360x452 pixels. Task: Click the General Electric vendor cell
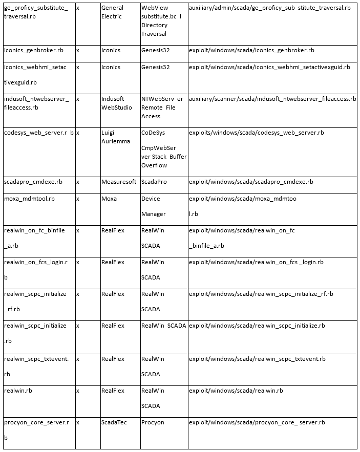(112, 12)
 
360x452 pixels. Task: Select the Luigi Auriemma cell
(113, 137)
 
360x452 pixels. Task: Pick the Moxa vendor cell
(109, 199)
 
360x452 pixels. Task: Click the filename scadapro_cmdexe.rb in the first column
(33, 182)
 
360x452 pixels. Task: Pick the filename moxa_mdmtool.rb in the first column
(29, 199)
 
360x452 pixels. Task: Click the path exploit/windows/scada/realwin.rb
(236, 391)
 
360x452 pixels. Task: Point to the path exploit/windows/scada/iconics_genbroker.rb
(251, 50)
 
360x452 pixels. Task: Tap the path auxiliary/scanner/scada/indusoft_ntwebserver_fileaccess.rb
(272, 99)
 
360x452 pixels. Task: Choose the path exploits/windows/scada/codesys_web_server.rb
(256, 133)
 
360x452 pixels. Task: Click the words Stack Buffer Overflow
(164, 161)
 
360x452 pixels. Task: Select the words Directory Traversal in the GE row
(154, 29)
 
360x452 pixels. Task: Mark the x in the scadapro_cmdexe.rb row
(78, 182)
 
